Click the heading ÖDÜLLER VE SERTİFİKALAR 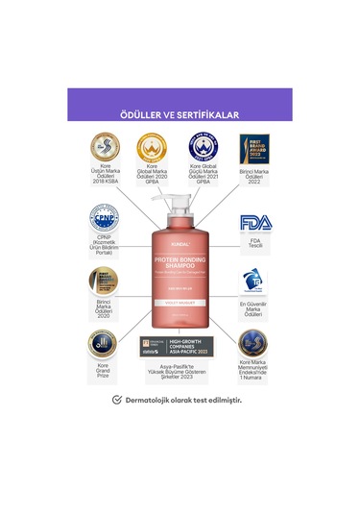tap(180, 114)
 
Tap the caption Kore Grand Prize tap(103, 372)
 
